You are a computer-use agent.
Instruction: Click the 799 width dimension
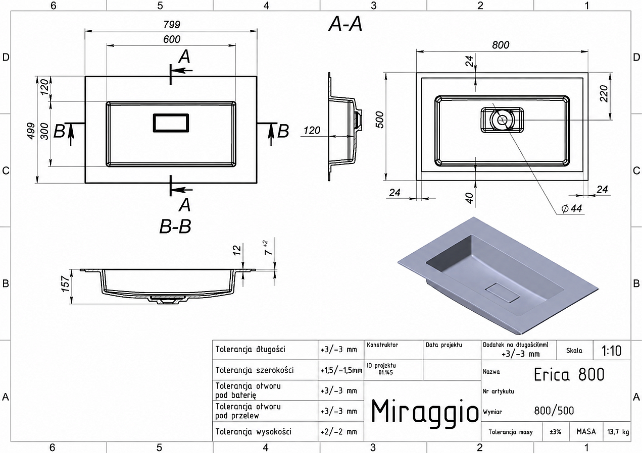(172, 24)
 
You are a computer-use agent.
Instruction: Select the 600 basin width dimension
(172, 39)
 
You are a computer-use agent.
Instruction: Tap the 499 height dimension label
(31, 131)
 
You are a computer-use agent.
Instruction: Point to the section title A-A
(345, 24)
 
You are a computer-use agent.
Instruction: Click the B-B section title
(175, 226)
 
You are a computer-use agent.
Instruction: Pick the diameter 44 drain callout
(572, 208)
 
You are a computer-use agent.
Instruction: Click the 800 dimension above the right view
(501, 45)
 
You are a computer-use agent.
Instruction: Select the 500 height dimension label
(379, 120)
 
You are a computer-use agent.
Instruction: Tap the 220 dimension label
(604, 94)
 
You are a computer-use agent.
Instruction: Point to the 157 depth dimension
(65, 283)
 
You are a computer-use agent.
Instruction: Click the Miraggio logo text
(425, 412)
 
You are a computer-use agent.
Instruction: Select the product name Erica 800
(569, 374)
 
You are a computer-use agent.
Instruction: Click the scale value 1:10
(611, 351)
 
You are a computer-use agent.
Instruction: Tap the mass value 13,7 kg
(618, 432)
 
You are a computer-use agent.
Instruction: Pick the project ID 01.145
(385, 372)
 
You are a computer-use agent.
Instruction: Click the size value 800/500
(554, 411)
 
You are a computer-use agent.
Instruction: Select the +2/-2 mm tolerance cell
(339, 432)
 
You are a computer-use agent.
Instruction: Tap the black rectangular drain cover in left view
(171, 123)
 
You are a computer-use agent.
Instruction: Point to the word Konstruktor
(382, 345)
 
